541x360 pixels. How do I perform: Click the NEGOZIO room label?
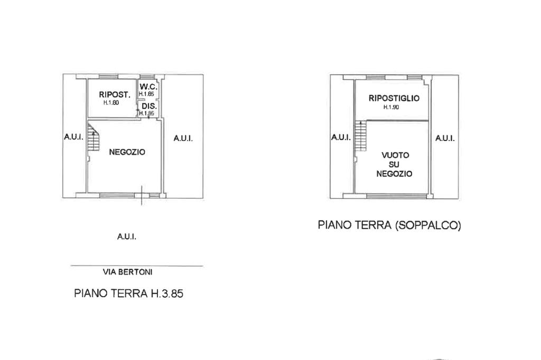click(127, 152)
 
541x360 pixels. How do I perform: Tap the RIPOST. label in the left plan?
click(115, 94)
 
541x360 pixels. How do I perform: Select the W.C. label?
click(148, 87)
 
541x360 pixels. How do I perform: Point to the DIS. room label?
click(149, 106)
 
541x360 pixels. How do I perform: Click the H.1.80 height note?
click(111, 103)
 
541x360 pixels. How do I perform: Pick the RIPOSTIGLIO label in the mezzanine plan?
click(394, 98)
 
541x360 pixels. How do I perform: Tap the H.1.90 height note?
click(391, 107)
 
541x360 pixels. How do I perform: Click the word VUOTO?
click(395, 155)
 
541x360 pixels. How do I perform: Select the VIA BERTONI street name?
click(128, 272)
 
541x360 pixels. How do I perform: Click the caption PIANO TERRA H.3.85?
click(129, 293)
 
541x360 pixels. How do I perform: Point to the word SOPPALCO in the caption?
click(428, 225)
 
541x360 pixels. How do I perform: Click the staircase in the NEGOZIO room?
click(93, 137)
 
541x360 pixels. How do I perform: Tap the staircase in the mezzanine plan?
click(360, 136)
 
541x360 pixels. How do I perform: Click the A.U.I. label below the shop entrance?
click(127, 236)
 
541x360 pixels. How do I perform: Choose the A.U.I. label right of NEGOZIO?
click(183, 138)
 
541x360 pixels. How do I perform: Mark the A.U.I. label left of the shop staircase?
click(73, 137)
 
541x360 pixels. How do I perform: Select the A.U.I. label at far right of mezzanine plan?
click(445, 138)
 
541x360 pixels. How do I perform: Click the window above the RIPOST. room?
click(108, 77)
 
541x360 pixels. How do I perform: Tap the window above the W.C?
click(147, 77)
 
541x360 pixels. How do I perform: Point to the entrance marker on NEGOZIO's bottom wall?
click(142, 195)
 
